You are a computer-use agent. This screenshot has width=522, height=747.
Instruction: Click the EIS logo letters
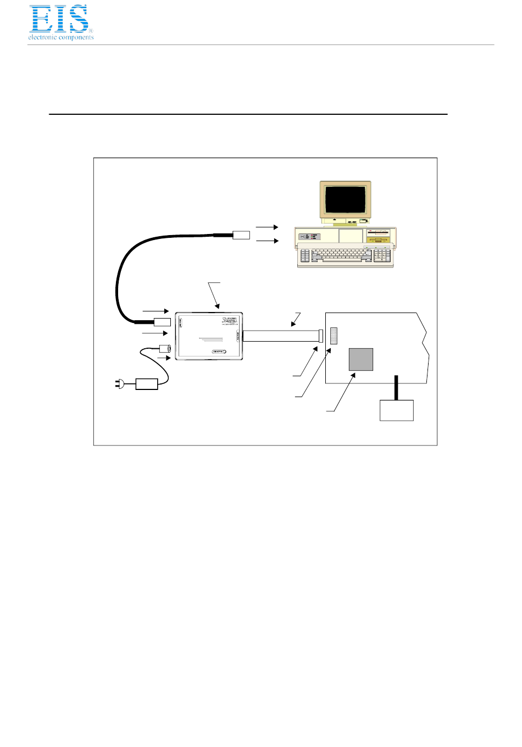[x=59, y=19]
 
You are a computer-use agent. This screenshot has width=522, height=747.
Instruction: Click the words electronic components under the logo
[x=61, y=37]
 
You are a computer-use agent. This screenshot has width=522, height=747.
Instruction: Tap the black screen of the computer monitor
[x=346, y=199]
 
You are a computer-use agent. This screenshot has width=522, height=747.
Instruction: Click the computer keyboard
[x=346, y=257]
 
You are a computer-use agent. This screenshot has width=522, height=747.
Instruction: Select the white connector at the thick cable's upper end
[x=241, y=235]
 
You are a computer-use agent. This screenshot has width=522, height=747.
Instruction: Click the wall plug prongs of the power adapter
[x=118, y=384]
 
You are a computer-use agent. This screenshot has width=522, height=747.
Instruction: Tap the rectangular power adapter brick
[x=147, y=383]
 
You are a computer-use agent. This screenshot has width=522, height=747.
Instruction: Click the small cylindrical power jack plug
[x=165, y=348]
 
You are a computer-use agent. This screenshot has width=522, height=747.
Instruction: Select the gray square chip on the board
[x=361, y=360]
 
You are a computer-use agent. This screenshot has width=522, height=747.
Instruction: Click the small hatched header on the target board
[x=334, y=336]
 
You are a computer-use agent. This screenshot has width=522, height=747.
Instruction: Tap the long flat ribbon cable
[x=280, y=336]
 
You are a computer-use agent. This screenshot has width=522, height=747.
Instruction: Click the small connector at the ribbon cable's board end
[x=320, y=336]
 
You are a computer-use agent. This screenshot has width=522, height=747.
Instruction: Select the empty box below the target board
[x=397, y=410]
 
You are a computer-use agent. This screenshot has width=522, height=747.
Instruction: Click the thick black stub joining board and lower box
[x=396, y=387]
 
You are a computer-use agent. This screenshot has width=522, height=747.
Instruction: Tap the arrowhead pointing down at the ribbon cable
[x=293, y=324]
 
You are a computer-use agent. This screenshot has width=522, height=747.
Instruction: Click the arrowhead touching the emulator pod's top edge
[x=218, y=308]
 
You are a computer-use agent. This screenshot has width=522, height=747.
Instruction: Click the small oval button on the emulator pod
[x=219, y=352]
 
